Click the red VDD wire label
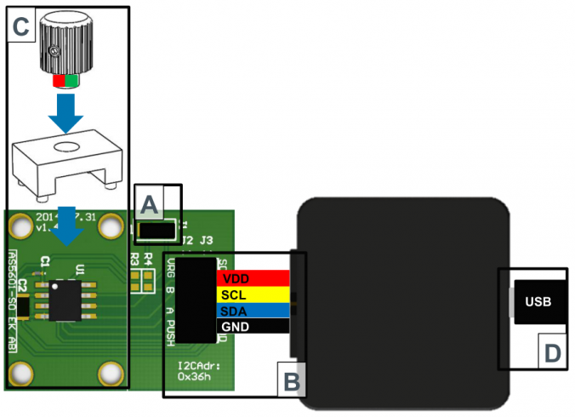tap(253, 278)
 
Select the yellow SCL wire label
tap(253, 294)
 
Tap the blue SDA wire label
tap(253, 311)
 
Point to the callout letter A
tap(149, 204)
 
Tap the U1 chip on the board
tap(65, 299)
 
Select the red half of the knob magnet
tap(58, 82)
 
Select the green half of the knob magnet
tap(71, 82)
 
